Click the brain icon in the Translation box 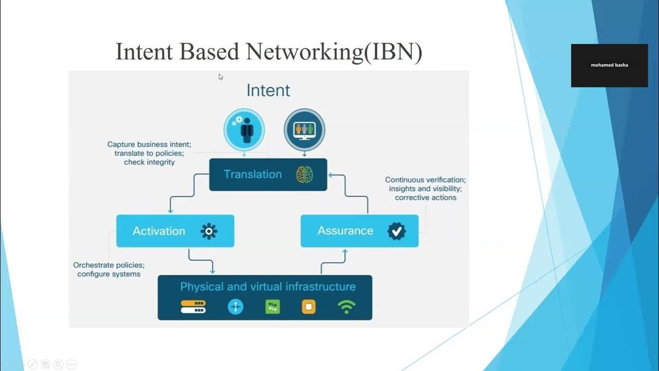(304, 175)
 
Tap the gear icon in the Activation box (209, 231)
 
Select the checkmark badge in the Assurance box (396, 231)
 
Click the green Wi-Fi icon (346, 307)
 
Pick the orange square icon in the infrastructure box (308, 307)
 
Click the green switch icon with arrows (272, 307)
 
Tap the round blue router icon (235, 307)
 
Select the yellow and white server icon (193, 307)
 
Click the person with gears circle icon (244, 129)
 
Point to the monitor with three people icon (304, 129)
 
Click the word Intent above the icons (268, 91)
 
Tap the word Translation (253, 175)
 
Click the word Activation (159, 231)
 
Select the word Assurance (345, 231)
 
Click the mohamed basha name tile (609, 65)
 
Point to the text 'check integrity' (149, 162)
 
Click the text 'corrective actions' (425, 198)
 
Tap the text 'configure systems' (109, 274)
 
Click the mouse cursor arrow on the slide (220, 77)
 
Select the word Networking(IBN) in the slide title (334, 52)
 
